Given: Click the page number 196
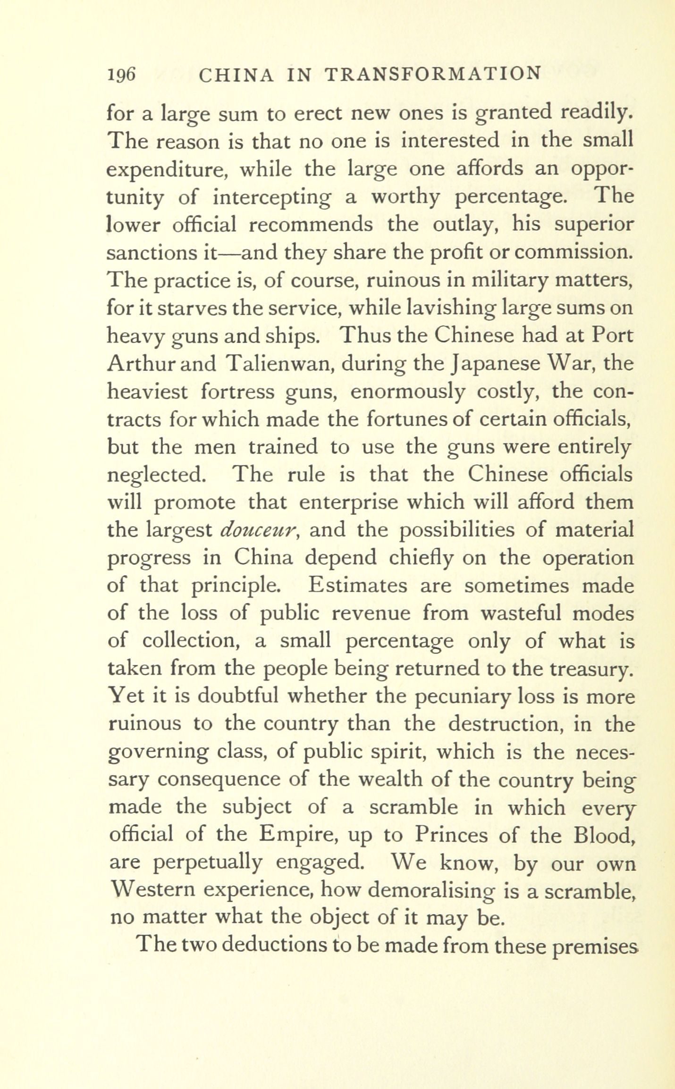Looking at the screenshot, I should click(121, 74).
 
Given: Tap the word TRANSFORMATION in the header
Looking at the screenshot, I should click(433, 74).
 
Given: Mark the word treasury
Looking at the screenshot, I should click(585, 669).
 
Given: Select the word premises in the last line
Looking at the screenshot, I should click(593, 946).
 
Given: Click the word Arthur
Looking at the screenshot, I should click(140, 364).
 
